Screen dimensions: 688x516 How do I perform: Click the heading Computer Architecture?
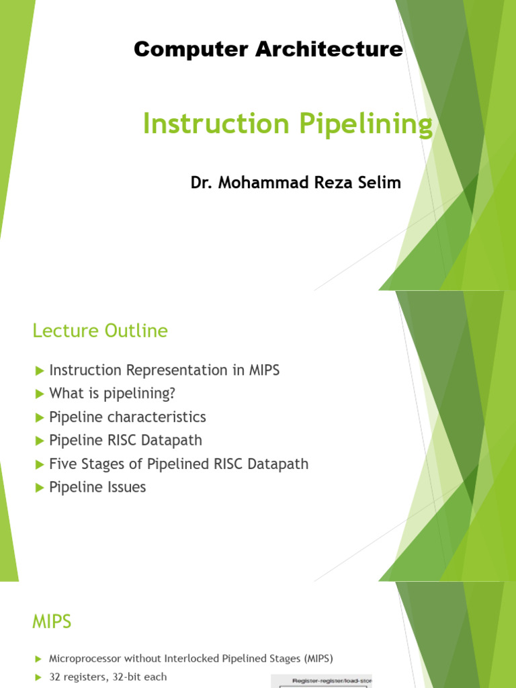(x=268, y=49)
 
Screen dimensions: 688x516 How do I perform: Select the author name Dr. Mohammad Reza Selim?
(x=296, y=182)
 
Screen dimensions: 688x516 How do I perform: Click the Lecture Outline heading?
(x=100, y=331)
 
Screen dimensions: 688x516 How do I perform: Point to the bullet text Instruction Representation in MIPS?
(x=164, y=370)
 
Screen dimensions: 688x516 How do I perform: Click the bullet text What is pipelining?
(x=112, y=394)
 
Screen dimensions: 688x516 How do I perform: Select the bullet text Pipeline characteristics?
(x=128, y=417)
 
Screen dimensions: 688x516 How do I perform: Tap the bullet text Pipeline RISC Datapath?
(x=126, y=441)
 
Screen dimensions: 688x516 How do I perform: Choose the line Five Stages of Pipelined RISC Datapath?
(x=179, y=464)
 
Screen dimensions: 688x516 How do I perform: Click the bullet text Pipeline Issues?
(x=97, y=487)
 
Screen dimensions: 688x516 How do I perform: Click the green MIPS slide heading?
(x=52, y=622)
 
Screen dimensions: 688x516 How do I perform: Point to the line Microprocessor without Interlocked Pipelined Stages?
(x=191, y=658)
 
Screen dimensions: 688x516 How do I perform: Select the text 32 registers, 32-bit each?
(x=107, y=677)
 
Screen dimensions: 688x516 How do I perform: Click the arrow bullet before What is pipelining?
(x=38, y=394)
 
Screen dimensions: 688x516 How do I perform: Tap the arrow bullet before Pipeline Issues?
(x=38, y=488)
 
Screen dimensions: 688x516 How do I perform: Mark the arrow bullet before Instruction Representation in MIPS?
(x=38, y=370)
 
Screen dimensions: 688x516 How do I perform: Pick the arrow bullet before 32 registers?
(x=38, y=677)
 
